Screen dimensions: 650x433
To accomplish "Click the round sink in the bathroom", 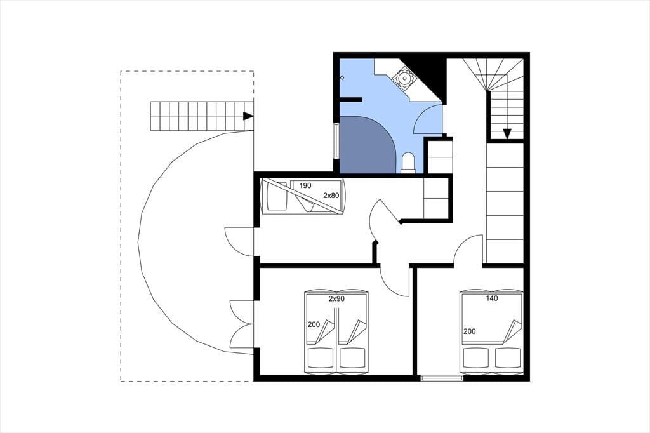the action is coord(403,78).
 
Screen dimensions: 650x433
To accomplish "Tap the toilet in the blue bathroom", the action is coord(409,163).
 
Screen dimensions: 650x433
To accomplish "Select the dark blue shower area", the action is coord(368,144).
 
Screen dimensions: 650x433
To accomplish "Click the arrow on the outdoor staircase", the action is coord(248,116).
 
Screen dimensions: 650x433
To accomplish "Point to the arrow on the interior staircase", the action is coord(507,133).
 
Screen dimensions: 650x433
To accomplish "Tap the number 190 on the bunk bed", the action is coord(305,186).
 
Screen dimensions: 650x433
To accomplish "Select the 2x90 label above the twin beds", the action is coord(336,298).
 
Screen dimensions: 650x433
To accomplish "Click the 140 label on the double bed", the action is coord(492,298).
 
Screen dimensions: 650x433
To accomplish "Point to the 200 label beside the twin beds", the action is coord(314,324).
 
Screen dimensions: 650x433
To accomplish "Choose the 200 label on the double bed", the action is coord(470,331).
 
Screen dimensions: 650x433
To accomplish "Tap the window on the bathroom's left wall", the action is coord(336,140).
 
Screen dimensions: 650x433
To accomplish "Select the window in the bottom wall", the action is coord(442,378).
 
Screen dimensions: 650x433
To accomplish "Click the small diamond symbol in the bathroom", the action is coord(342,77).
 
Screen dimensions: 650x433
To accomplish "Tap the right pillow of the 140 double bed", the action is coord(507,357).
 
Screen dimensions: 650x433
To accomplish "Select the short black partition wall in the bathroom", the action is coord(350,98).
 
